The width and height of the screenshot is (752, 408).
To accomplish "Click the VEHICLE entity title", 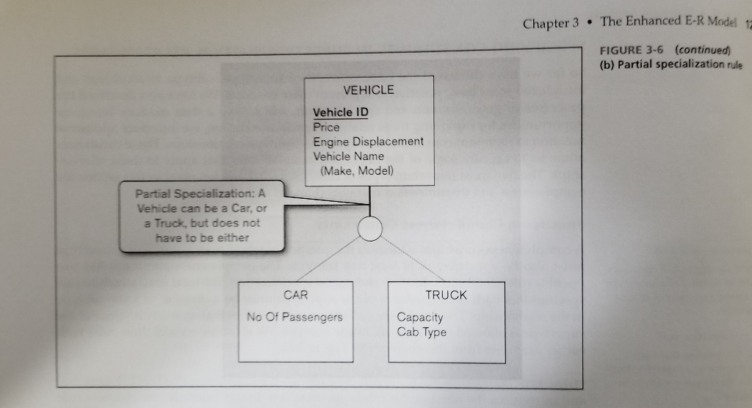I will coord(369,90).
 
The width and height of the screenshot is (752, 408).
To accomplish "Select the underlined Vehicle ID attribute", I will coord(341,112).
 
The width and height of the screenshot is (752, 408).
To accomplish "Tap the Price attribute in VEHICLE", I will coord(327,127).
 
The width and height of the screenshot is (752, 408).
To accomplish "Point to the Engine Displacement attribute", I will coord(368,142).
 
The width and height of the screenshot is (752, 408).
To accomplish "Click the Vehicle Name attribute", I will coord(348,156).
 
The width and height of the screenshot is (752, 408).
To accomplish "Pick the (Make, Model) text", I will coord(357,170).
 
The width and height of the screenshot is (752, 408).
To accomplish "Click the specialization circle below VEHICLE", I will coord(370,229).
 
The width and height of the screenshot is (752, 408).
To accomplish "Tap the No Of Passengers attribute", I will coord(294,317).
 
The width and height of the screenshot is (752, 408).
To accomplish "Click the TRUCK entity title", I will coord(446,295).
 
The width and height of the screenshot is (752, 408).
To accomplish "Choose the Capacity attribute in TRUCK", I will coord(420,317).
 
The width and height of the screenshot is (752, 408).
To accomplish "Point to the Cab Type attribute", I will coord(422,332).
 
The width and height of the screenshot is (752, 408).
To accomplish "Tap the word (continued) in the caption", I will coord(704,51).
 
